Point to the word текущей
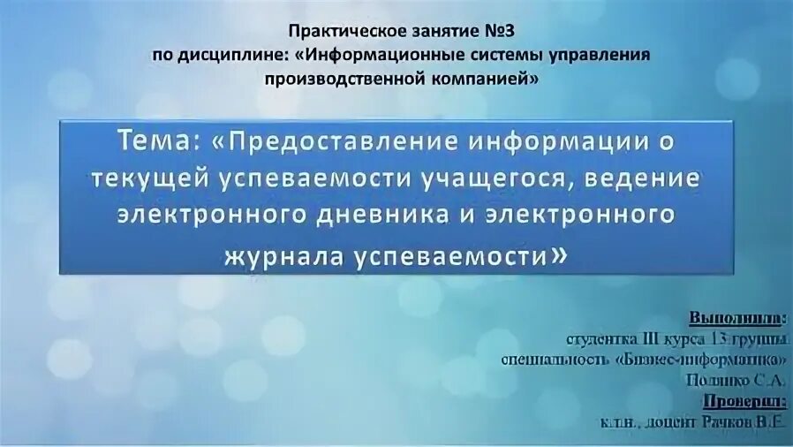147,178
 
